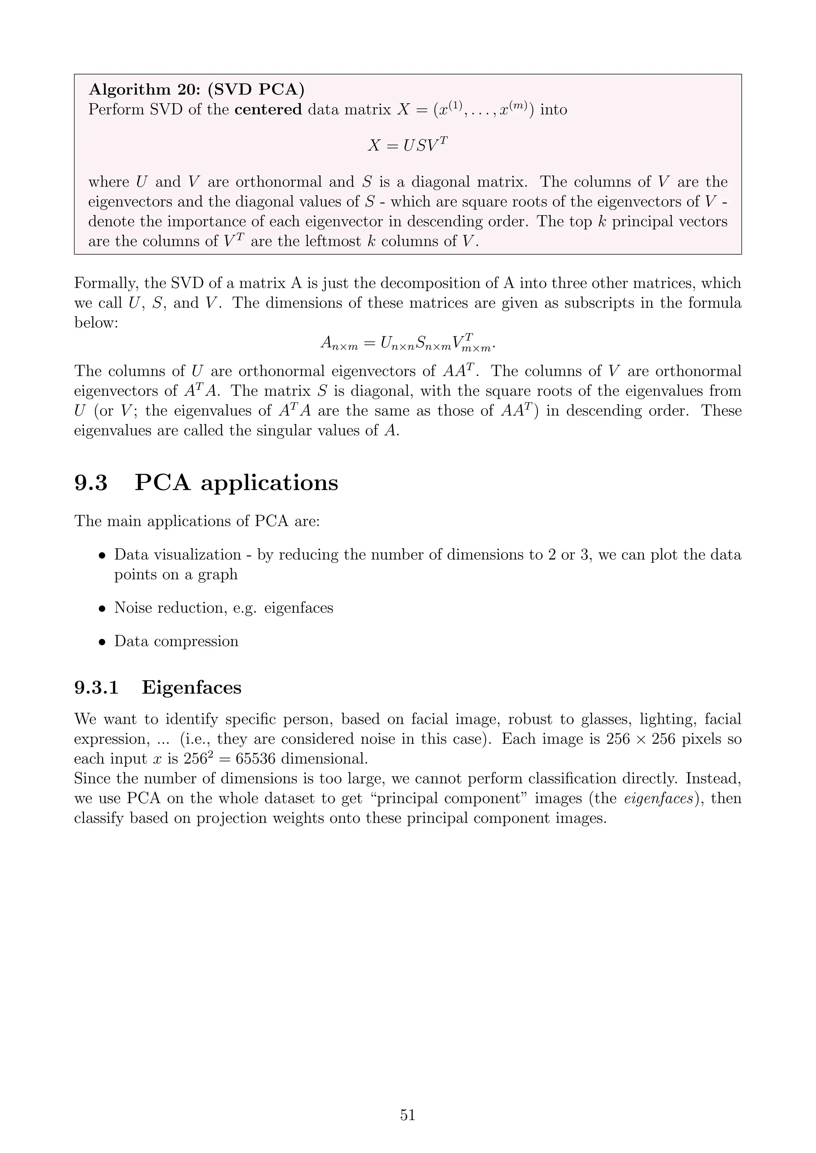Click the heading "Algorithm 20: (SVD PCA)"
(196, 90)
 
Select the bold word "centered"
(268, 109)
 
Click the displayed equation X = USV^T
(408, 145)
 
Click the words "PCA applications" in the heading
(236, 483)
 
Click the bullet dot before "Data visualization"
(102, 556)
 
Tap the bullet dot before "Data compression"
(102, 642)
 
